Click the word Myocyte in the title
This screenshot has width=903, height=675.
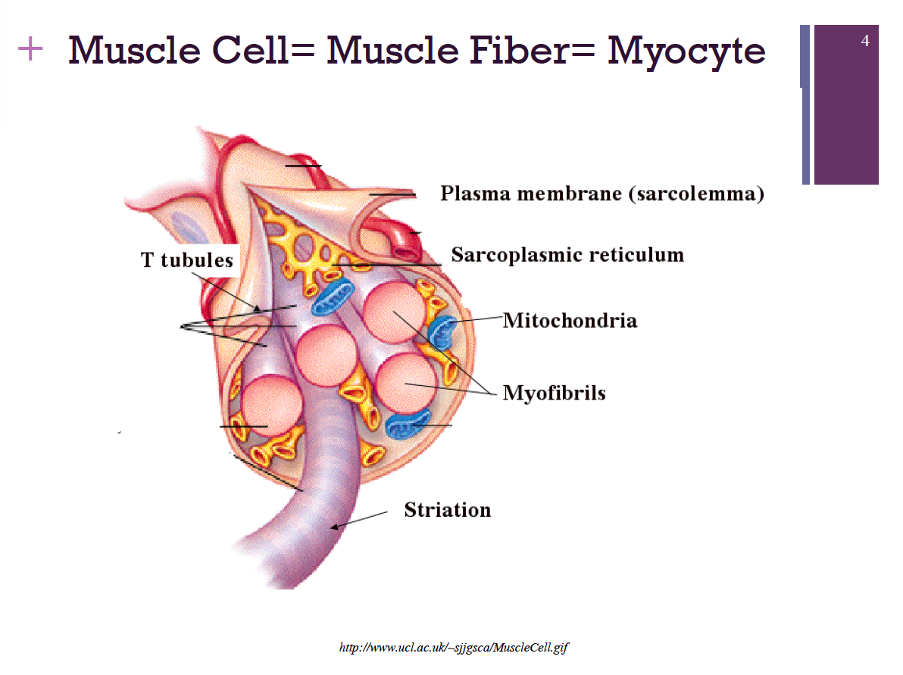686,50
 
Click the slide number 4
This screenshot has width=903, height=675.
865,41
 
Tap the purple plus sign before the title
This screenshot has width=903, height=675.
30,50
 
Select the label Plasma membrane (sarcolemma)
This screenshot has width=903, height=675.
601,194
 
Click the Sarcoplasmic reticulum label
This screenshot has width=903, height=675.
567,254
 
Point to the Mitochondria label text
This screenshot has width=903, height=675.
570,320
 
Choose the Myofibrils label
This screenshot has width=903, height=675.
554,393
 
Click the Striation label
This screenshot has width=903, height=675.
447,509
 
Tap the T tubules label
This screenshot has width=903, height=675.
186,260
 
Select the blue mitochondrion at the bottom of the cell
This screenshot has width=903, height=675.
408,425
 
